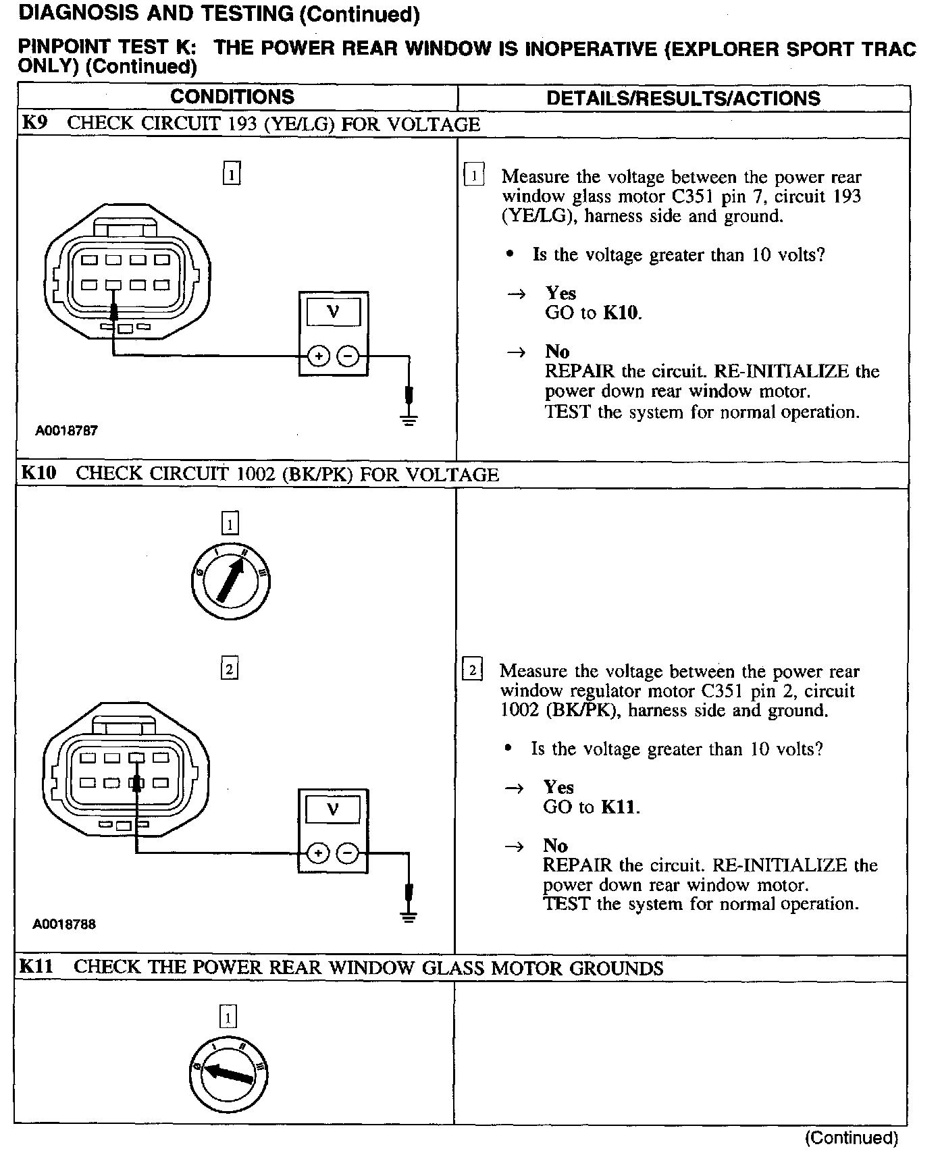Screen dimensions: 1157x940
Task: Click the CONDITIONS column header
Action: tap(232, 97)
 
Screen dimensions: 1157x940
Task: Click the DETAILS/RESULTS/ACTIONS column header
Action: tap(683, 99)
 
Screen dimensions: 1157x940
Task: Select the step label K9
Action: tap(34, 124)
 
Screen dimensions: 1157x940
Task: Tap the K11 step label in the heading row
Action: tap(36, 967)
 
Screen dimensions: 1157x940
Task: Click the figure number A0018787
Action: tap(67, 431)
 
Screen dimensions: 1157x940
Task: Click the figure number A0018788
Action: tap(65, 924)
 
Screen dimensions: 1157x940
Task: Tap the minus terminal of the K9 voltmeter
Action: tap(348, 356)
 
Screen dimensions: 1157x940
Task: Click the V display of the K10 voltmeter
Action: tap(332, 808)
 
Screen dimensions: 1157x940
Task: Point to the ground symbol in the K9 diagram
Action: tap(409, 419)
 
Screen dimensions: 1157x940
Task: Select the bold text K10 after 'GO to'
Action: tap(621, 313)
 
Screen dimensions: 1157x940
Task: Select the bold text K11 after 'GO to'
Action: tap(619, 807)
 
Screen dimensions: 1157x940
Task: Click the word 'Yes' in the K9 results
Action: tap(560, 293)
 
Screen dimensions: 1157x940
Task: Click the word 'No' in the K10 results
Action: tap(555, 846)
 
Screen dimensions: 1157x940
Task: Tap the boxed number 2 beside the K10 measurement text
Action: tap(472, 670)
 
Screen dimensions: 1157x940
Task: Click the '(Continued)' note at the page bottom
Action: tap(851, 1138)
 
